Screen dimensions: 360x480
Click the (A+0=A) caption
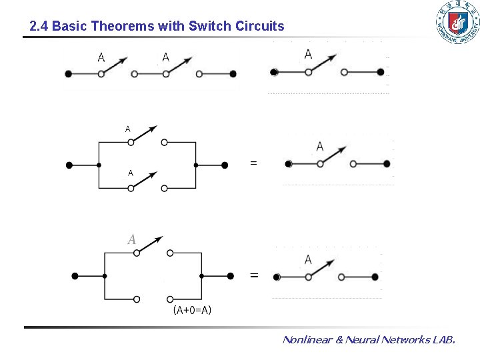(192, 310)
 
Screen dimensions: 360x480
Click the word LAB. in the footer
(443, 340)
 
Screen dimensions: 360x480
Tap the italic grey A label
(132, 239)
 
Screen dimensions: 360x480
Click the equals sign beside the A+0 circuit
(254, 275)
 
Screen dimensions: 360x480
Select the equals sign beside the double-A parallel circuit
(253, 163)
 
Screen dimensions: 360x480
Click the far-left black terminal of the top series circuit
(68, 74)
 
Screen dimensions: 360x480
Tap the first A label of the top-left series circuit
(101, 57)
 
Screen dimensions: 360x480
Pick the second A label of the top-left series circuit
(166, 57)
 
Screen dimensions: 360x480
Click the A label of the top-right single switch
(308, 55)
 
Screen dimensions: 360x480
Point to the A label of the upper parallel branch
(128, 129)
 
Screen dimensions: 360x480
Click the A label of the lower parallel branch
(131, 173)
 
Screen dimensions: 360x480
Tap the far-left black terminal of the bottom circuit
(75, 275)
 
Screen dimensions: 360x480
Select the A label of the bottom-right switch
(308, 260)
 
